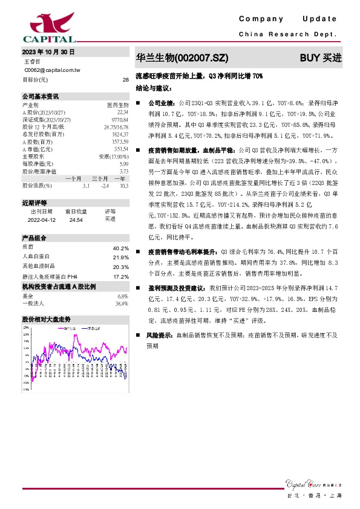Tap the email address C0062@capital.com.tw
pyautogui.click(x=51, y=70)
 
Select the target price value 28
pyautogui.click(x=125, y=79)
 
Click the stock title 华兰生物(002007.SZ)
pyautogui.click(x=182, y=59)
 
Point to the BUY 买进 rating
pyautogui.click(x=321, y=59)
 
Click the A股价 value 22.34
pyautogui.click(x=122, y=112)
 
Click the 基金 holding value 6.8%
pyautogui.click(x=123, y=296)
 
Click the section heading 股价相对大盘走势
pyautogui.click(x=47, y=318)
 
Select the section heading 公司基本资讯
pyautogui.click(x=41, y=96)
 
